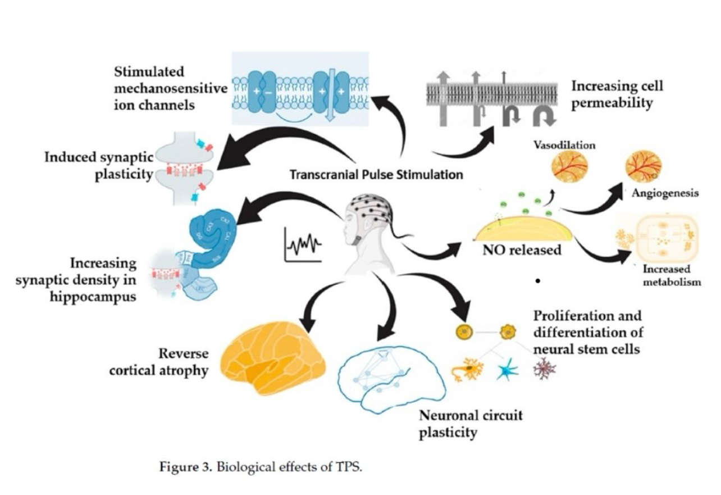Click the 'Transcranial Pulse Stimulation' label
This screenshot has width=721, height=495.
point(376,175)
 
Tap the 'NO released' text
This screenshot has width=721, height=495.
point(522,250)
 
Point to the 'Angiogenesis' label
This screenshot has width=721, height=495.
point(665,193)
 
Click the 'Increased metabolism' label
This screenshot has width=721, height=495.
point(672,275)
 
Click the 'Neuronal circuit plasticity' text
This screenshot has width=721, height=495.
point(471,424)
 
